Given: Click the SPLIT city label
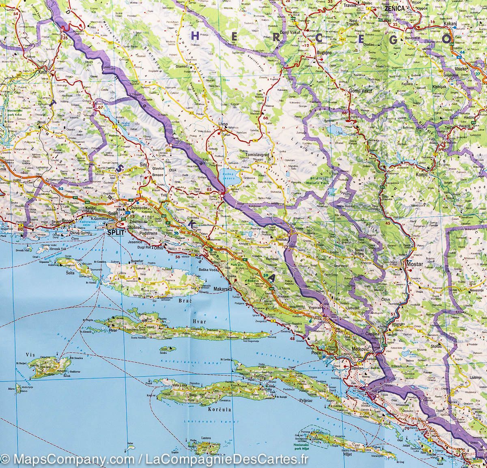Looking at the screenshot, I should pos(115,233).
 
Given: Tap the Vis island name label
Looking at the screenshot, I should pos(30,354).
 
